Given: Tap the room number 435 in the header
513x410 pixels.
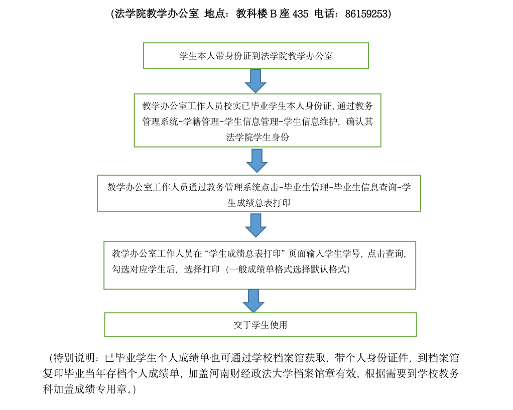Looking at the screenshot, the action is pyautogui.click(x=300, y=14).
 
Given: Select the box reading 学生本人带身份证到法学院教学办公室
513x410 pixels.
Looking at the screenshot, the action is pyautogui.click(x=256, y=56).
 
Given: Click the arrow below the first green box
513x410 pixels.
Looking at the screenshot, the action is pyautogui.click(x=255, y=81).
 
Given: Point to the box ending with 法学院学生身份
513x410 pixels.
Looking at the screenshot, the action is pyautogui.click(x=258, y=120).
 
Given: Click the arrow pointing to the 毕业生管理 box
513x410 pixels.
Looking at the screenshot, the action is pyautogui.click(x=257, y=161).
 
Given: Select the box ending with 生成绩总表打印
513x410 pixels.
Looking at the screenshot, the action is pyautogui.click(x=259, y=193).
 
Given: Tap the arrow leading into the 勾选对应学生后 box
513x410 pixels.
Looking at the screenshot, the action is pyautogui.click(x=255, y=225).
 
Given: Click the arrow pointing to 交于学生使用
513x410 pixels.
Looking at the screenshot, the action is pyautogui.click(x=253, y=301).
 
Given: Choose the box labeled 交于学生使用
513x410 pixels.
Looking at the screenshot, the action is pyautogui.click(x=261, y=325).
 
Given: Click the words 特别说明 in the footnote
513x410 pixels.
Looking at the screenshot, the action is pyautogui.click(x=74, y=358).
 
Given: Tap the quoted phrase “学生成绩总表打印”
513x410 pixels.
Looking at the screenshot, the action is pyautogui.click(x=245, y=253).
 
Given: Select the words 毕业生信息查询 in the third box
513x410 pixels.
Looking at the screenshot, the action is pyautogui.click(x=365, y=187).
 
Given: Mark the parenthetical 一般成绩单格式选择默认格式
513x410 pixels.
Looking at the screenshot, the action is pyautogui.click(x=288, y=269).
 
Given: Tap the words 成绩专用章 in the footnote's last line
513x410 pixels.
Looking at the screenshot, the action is pyautogui.click(x=106, y=389).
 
